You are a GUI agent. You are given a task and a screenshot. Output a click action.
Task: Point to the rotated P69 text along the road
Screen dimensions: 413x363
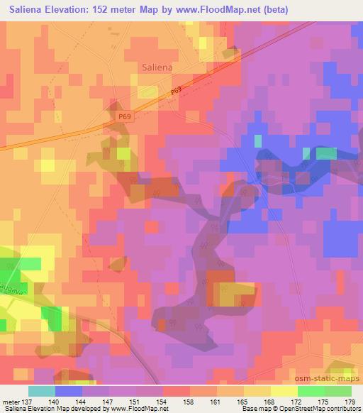177,92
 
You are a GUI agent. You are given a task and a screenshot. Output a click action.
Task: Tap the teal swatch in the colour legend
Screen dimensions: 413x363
42,391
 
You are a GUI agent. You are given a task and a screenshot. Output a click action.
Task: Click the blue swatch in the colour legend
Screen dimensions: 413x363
69,391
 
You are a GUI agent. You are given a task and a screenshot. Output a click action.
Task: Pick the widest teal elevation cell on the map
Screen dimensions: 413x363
326,153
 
